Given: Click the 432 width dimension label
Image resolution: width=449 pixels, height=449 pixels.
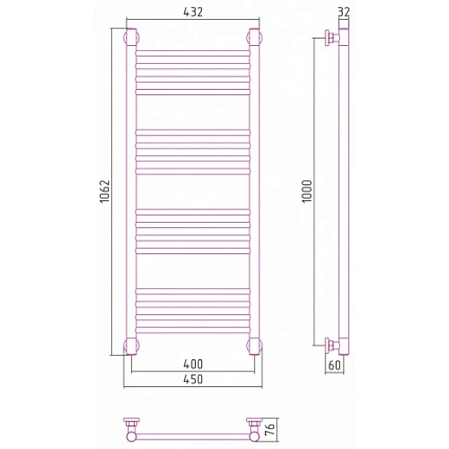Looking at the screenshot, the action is click(x=193, y=12).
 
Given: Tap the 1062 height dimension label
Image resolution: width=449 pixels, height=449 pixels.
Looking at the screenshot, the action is click(x=104, y=192).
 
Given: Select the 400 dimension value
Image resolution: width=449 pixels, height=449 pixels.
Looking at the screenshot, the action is click(x=193, y=364).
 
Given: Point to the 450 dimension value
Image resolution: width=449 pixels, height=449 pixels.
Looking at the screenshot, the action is click(x=193, y=379).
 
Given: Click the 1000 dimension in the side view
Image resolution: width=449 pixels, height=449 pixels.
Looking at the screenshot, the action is click(x=307, y=192).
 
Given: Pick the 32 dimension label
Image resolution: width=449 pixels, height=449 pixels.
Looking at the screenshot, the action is click(x=344, y=12).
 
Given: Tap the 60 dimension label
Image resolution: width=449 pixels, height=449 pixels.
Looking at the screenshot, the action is click(x=334, y=365).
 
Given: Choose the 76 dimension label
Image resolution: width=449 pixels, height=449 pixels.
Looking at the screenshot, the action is click(x=271, y=428).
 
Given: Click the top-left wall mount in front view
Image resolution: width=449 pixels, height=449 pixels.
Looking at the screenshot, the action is click(x=131, y=37).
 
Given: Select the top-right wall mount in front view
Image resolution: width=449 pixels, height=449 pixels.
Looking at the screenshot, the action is click(x=255, y=37).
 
